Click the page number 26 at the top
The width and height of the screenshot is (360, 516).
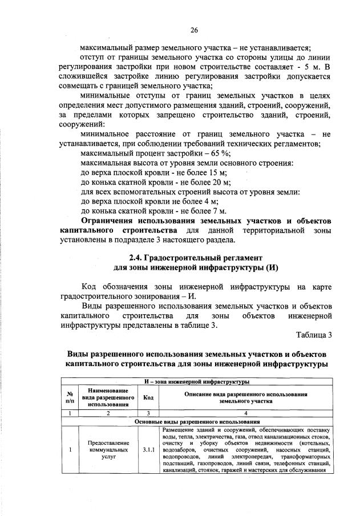coord(194,30)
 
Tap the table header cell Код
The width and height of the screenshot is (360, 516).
coord(147,397)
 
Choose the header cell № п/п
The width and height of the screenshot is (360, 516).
coord(70,397)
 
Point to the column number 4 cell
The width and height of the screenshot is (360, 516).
coord(246,413)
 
